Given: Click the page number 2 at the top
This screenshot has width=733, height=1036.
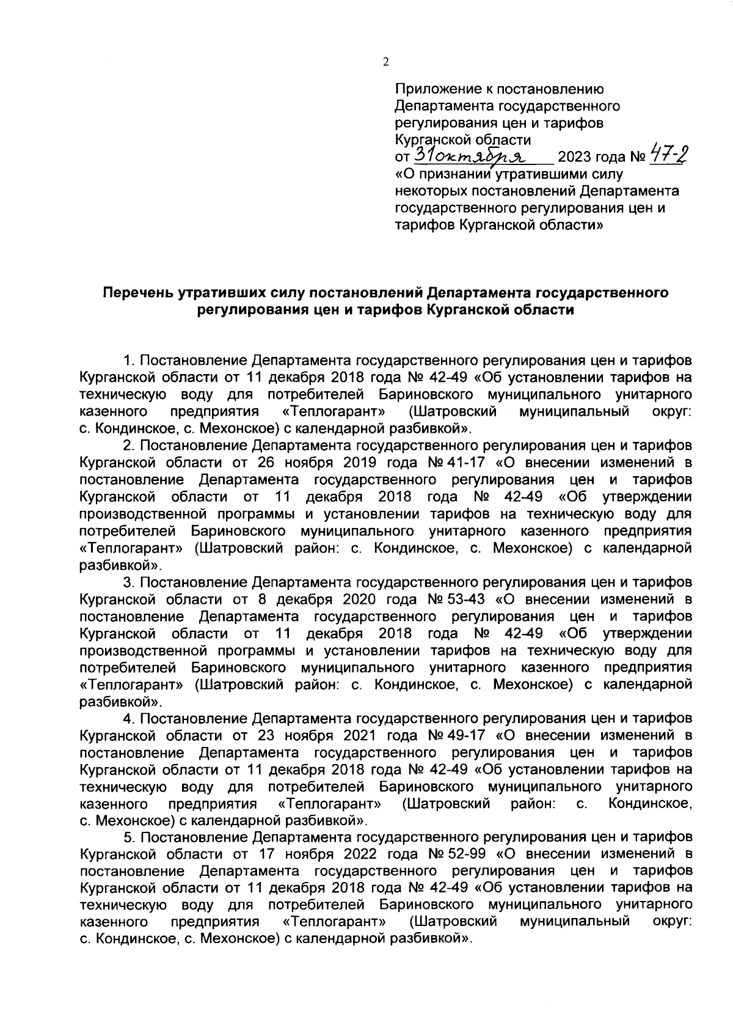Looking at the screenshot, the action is [385, 61].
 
